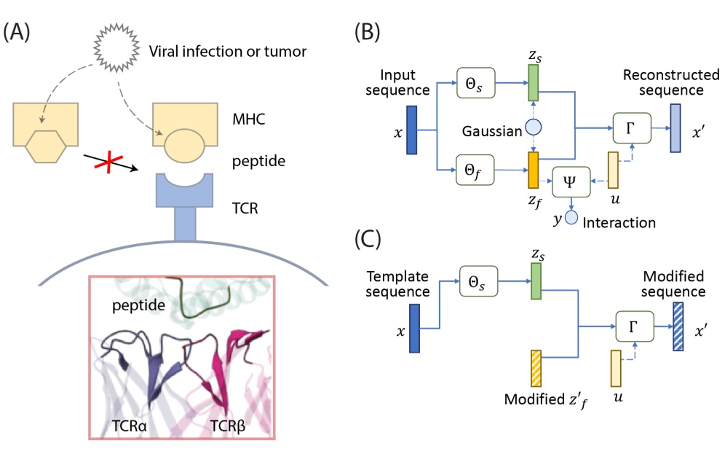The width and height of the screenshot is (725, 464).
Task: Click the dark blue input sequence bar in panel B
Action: pyautogui.click(x=411, y=129)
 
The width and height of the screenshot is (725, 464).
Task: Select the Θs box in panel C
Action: pyautogui.click(x=478, y=280)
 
